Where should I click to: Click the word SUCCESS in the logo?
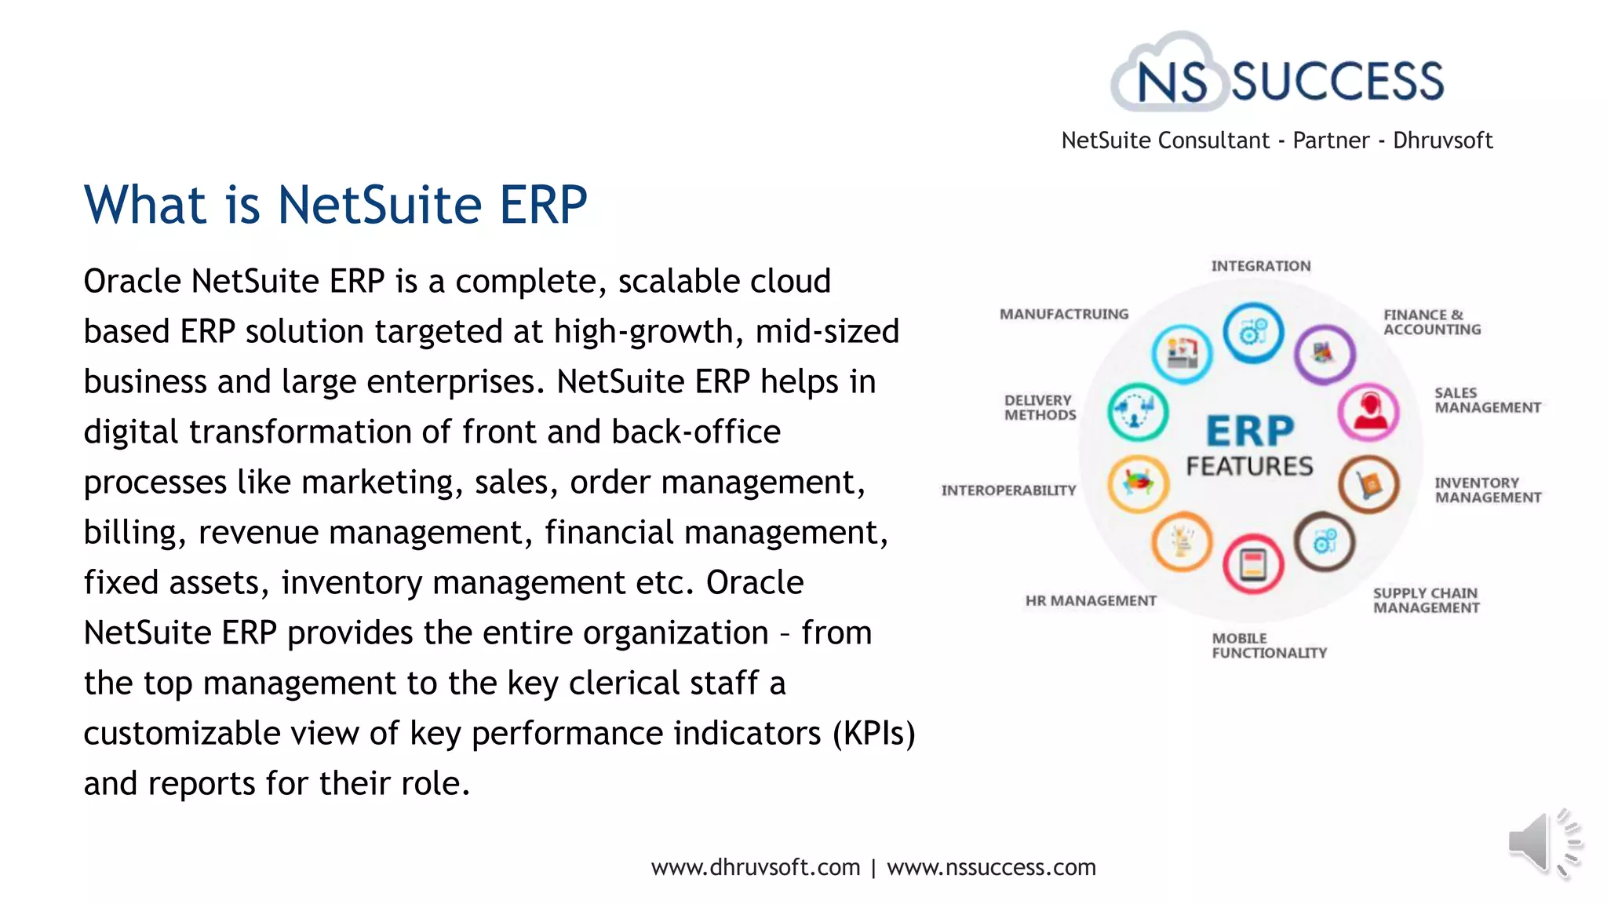point(1337,82)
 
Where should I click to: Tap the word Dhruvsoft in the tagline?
point(1442,140)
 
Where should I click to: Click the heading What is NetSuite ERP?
point(336,205)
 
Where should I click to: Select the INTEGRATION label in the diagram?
point(1260,266)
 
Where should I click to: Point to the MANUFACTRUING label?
point(1063,314)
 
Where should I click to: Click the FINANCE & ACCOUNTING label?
point(1431,322)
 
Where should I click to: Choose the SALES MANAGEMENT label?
point(1487,400)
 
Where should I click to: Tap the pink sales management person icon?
point(1368,412)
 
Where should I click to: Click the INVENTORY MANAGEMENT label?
point(1487,490)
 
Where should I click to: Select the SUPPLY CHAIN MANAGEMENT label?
point(1426,600)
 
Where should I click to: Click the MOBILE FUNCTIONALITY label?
point(1268,645)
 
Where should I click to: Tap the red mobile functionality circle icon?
point(1253,564)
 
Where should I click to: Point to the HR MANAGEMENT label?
point(1090,600)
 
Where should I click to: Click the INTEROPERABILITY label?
point(1008,490)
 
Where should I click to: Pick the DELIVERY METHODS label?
point(1040,407)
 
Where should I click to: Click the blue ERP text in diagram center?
point(1249,431)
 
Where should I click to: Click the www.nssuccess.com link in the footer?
point(991,867)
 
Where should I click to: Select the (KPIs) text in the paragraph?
point(873,734)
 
